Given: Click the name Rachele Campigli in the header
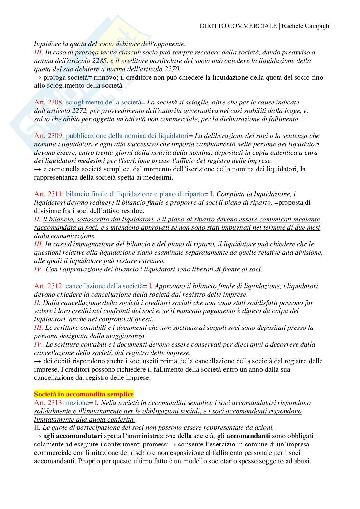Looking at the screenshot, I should (306, 26).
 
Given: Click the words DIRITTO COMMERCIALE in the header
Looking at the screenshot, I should (238, 26).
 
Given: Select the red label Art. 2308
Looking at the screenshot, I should (48, 103).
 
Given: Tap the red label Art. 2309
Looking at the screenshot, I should (48, 136).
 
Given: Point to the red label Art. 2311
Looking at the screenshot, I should (48, 194).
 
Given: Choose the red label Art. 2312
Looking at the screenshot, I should (48, 286).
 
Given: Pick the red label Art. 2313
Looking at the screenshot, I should (48, 403).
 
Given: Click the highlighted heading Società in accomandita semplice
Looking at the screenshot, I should (84, 394).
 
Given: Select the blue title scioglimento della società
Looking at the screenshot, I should (103, 103).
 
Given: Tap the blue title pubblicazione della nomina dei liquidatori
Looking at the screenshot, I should (127, 136).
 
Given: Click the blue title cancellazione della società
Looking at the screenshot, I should (104, 286).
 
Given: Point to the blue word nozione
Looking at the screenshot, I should (77, 403).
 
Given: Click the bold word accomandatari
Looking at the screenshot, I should (79, 436).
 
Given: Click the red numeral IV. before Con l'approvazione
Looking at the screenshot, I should (38, 269).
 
